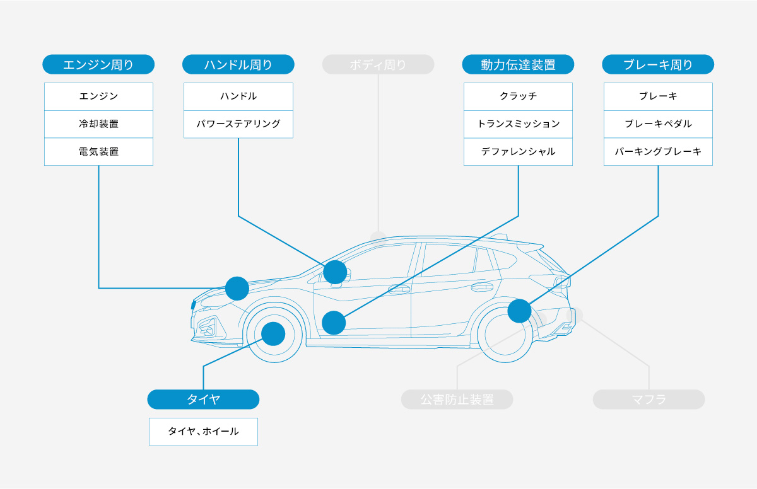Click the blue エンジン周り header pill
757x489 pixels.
coord(98,64)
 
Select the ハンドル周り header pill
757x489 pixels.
coord(238,64)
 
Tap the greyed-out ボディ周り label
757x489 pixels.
coord(378,64)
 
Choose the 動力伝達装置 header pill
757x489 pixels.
coord(518,64)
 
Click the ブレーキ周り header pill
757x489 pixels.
coord(658,64)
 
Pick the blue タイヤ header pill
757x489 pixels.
coord(203,400)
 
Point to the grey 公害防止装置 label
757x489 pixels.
coord(457,400)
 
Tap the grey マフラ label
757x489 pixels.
coord(648,400)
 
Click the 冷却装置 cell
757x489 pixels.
coord(98,124)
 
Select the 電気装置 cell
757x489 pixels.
coord(98,152)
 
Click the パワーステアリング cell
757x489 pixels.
coord(238,124)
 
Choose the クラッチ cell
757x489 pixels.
coord(518,96)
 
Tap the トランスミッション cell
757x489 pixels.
coord(518,124)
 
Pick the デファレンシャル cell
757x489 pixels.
coord(518,152)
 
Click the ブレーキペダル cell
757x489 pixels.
coord(658,124)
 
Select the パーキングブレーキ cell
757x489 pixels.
coord(658,152)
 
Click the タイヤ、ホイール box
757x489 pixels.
coord(203,432)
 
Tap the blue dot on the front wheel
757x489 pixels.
coord(273,333)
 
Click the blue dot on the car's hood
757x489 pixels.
coord(237,288)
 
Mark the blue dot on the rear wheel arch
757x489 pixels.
coord(519,311)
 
